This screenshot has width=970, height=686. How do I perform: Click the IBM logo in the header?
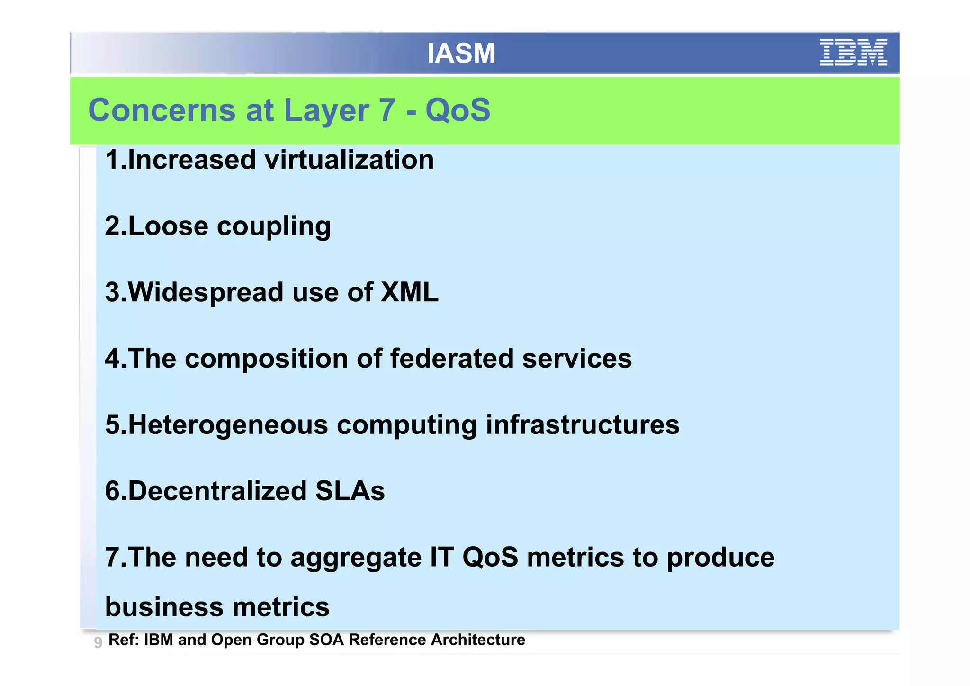pyautogui.click(x=853, y=53)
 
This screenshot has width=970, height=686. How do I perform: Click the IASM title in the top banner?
pyautogui.click(x=461, y=53)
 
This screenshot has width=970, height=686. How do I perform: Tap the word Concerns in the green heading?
pyautogui.click(x=162, y=110)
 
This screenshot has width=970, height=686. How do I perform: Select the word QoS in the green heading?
pyautogui.click(x=458, y=110)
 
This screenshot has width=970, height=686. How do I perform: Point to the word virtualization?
pyautogui.click(x=349, y=160)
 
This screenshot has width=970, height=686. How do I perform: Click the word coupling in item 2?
pyautogui.click(x=274, y=226)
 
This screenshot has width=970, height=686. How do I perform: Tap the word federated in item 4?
pyautogui.click(x=451, y=358)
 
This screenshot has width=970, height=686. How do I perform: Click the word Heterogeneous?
pyautogui.click(x=228, y=424)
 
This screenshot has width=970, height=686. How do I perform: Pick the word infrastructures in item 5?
pyautogui.click(x=583, y=424)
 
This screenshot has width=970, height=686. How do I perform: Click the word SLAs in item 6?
pyautogui.click(x=350, y=491)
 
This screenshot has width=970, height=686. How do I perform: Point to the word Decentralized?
pyautogui.click(x=217, y=491)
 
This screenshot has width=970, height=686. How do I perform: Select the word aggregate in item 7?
pyautogui.click(x=356, y=558)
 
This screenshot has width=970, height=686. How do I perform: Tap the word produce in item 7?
pyautogui.click(x=720, y=558)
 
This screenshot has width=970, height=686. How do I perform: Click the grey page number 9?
pyautogui.click(x=98, y=642)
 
